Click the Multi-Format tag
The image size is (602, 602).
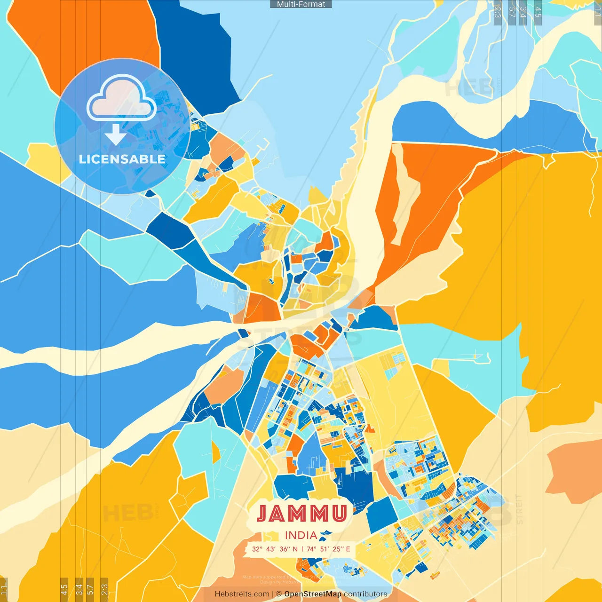click(x=301, y=4)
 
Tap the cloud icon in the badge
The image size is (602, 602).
click(x=122, y=97)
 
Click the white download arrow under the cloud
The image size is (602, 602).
click(x=116, y=135)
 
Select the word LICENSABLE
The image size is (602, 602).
click(x=122, y=159)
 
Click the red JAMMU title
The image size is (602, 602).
click(x=302, y=514)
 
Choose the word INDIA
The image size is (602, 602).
click(x=301, y=535)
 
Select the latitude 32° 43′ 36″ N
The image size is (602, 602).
click(x=275, y=549)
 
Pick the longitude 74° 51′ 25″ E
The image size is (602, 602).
click(x=328, y=549)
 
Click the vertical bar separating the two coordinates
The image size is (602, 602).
click(x=302, y=549)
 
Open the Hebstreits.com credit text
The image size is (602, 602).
click(x=242, y=594)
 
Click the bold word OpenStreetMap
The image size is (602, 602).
click(x=313, y=594)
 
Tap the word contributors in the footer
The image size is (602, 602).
click(x=365, y=594)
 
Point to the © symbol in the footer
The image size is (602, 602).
click(x=279, y=594)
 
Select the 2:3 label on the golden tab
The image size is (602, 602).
click(x=104, y=589)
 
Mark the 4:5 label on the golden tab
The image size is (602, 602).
click(x=64, y=589)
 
